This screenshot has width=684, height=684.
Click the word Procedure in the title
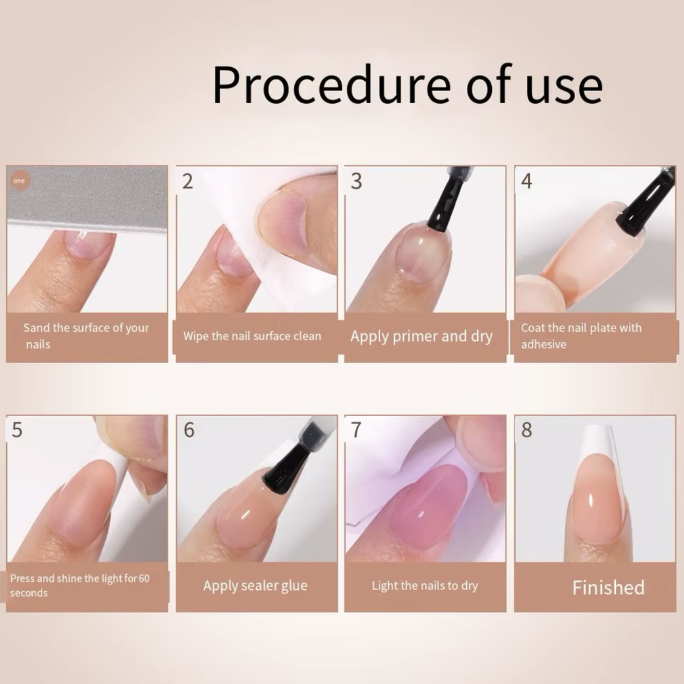tap(332, 86)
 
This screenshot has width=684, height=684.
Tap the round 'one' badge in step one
tap(19, 181)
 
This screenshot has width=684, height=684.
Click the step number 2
tap(188, 181)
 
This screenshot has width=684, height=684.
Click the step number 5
tap(17, 430)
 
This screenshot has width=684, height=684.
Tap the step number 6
tap(189, 430)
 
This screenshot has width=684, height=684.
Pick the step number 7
tap(356, 430)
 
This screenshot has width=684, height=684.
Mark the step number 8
tap(527, 430)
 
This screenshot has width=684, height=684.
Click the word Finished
tap(608, 588)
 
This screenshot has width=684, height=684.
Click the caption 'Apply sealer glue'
tap(255, 586)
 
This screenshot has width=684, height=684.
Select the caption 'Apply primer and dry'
tap(421, 337)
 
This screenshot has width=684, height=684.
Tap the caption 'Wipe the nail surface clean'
tap(252, 336)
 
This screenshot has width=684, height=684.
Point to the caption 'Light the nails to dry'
tap(425, 586)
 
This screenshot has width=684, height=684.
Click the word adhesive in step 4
tap(543, 344)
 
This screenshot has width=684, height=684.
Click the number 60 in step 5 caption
tap(144, 578)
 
